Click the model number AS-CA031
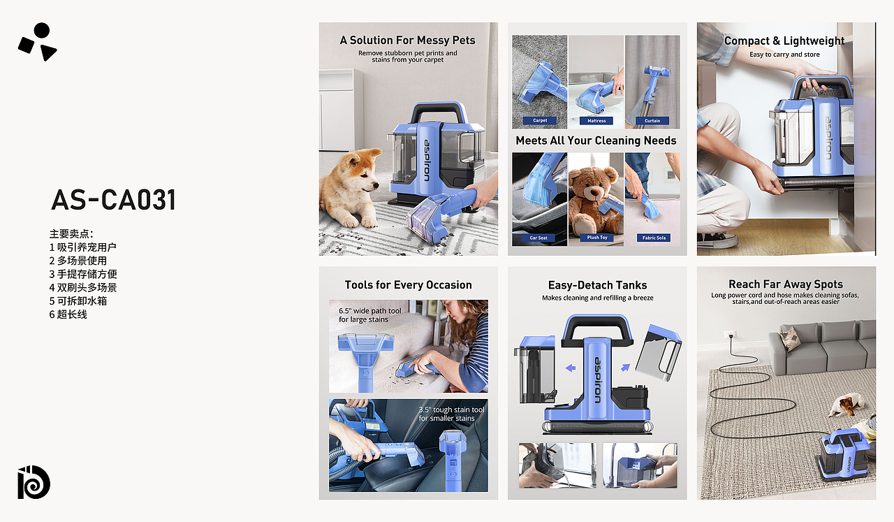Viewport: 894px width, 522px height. click(114, 200)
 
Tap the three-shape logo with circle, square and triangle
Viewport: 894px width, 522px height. click(38, 41)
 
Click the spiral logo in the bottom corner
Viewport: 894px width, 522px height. click(34, 482)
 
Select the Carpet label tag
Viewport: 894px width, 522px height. click(540, 120)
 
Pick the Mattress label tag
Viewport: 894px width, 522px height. click(596, 121)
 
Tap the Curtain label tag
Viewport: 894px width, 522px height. click(652, 121)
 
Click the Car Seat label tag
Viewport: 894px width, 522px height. click(538, 238)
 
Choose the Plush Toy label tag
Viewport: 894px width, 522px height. click(597, 237)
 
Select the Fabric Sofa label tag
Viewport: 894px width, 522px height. click(654, 238)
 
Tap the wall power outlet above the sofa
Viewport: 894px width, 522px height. click(730, 333)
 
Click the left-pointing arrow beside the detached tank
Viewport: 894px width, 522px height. click(571, 368)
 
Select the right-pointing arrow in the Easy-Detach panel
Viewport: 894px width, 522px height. click(625, 367)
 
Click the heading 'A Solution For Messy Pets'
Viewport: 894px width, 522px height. click(407, 41)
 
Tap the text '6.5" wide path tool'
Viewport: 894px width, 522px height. click(370, 311)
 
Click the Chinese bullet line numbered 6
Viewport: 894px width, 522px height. click(68, 314)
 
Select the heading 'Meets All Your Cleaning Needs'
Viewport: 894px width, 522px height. click(596, 140)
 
